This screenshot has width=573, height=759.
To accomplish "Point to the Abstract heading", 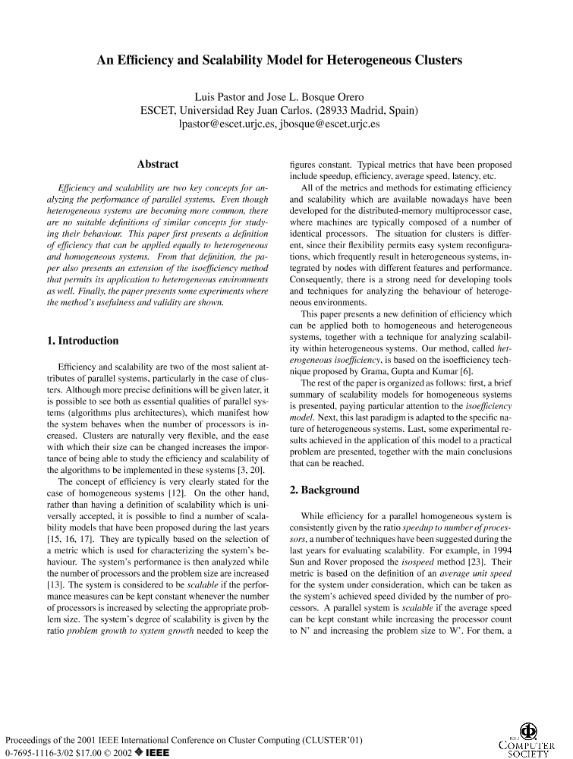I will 158,164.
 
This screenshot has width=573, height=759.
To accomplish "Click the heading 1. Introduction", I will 83,341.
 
